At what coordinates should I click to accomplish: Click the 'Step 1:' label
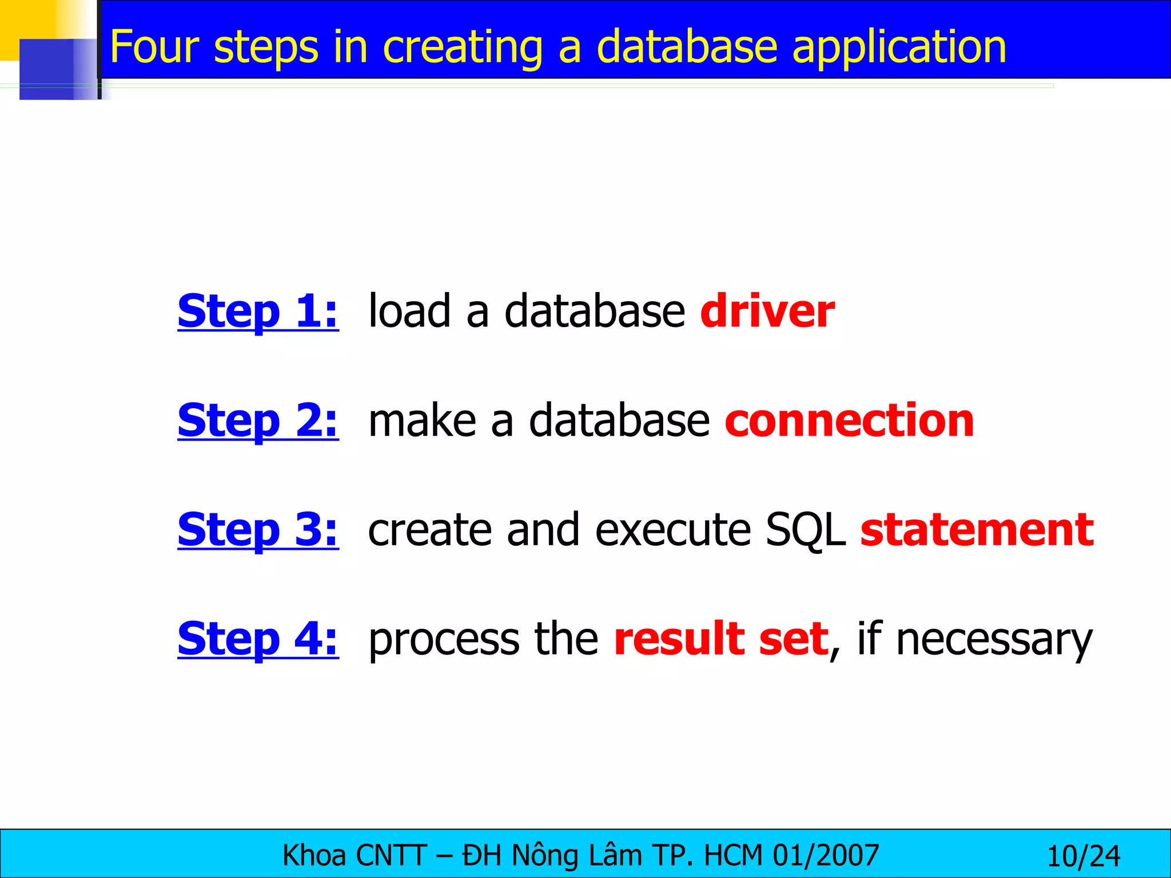pos(258,312)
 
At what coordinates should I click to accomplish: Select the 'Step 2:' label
pos(258,421)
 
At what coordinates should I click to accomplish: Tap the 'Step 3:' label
pos(258,530)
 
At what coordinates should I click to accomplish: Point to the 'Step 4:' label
pos(258,639)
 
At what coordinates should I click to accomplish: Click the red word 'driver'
pos(767,312)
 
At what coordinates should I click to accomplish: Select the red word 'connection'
pos(850,421)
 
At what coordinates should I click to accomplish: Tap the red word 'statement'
pos(977,530)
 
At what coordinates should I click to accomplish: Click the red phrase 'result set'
pos(721,639)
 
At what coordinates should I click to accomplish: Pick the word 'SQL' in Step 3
pos(805,531)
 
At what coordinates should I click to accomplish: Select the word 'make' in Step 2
pos(422,421)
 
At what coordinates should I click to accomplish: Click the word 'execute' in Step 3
pos(672,531)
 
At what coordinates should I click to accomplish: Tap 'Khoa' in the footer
pos(314,856)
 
